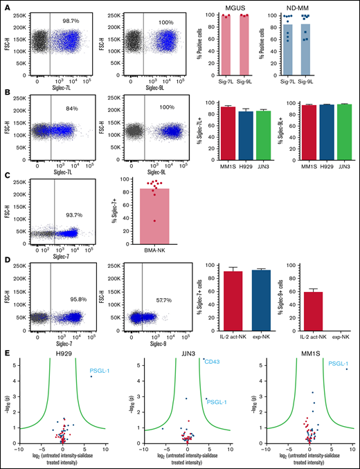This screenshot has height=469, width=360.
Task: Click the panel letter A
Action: [x=6, y=6]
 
